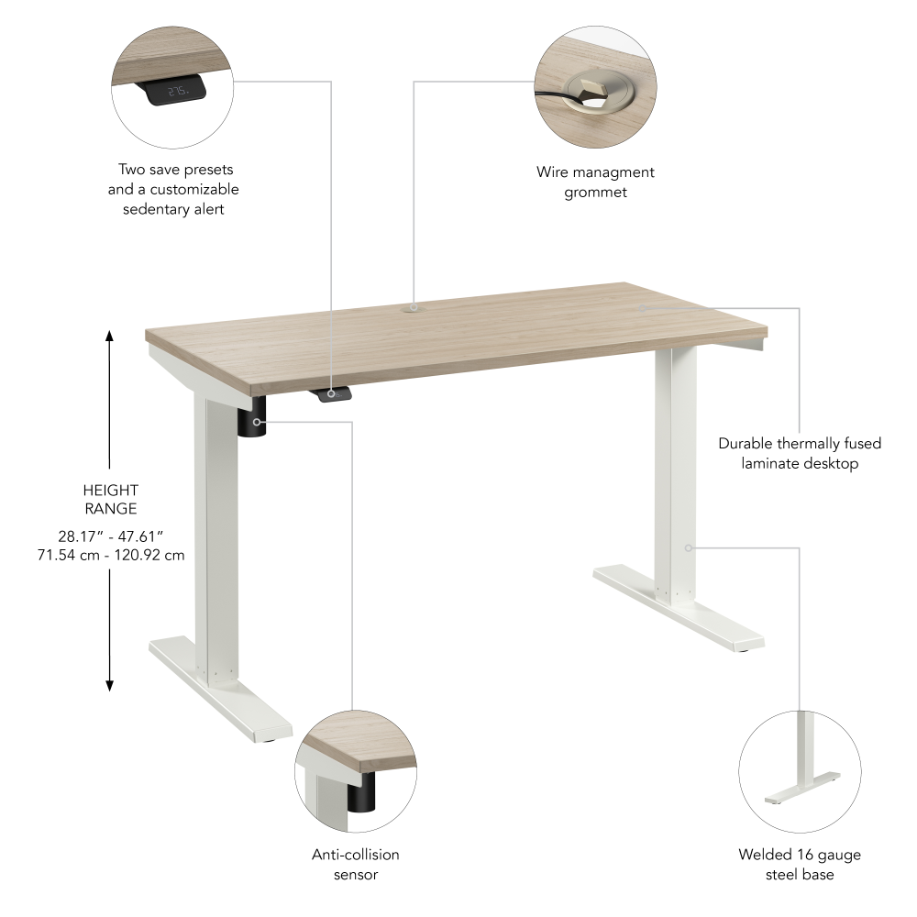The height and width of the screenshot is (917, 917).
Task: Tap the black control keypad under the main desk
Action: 332,393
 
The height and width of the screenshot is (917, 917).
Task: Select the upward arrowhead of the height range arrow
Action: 110,337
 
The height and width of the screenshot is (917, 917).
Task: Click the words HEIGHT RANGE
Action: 110,500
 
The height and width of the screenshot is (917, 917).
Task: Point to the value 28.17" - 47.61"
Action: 110,536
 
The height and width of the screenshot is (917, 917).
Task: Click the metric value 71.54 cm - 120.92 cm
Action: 110,556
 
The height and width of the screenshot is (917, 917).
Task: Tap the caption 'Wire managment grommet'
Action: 595,182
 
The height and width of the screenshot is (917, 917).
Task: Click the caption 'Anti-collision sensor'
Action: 356,864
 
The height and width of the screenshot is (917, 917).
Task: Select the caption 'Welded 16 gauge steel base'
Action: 800,864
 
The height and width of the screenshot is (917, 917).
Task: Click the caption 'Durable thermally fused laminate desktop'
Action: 800,453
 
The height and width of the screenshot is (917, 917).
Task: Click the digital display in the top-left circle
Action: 175,92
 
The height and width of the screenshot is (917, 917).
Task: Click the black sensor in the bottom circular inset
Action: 362,792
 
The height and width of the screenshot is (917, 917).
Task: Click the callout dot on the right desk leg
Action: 688,547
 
